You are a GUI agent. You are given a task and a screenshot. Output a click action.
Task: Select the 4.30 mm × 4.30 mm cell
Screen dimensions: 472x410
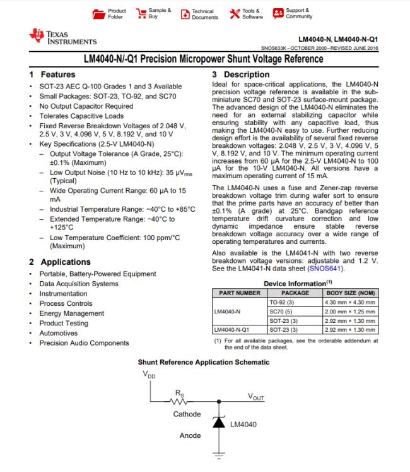pos(351,302)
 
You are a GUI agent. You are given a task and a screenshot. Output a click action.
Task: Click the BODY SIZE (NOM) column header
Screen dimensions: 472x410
pos(351,293)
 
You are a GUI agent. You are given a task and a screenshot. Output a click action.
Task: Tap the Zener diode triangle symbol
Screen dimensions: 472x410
pos(219,423)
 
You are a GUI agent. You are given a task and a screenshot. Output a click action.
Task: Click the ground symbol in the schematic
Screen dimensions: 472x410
pos(219,454)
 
